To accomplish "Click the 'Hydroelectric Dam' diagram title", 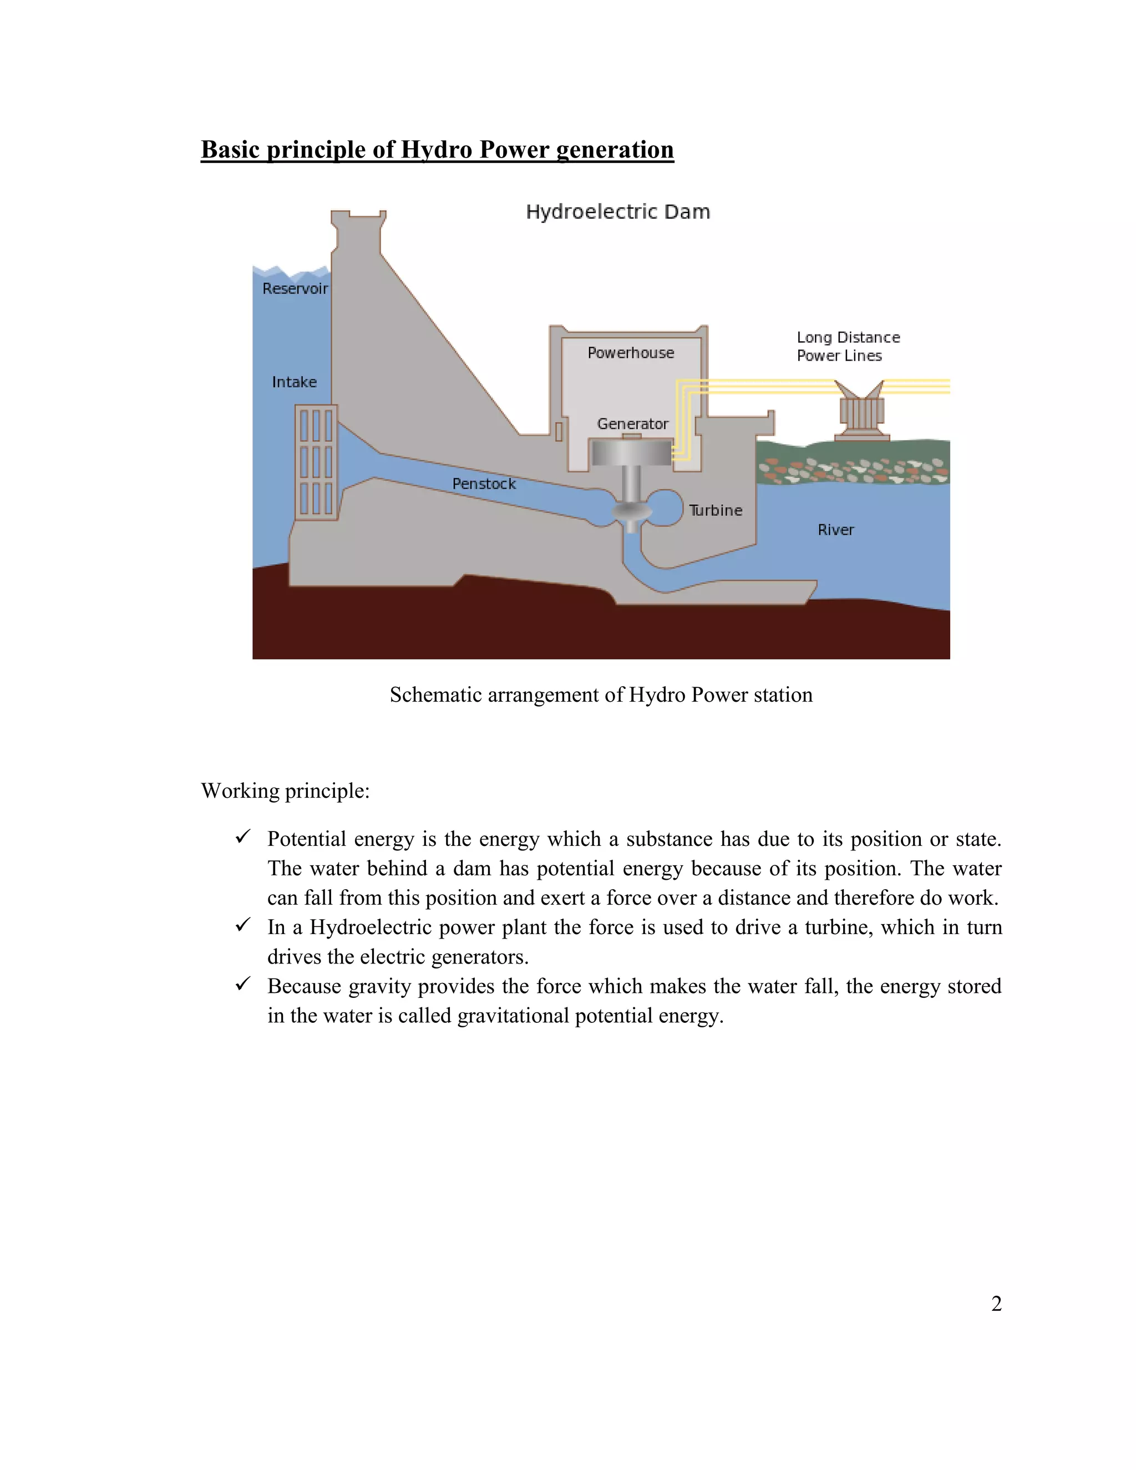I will [618, 212].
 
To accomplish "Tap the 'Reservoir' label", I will [295, 289].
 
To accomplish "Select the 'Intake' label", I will [294, 382].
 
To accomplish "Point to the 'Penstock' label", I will [484, 484].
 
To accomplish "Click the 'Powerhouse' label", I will [631, 353].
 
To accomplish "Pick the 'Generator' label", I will [632, 424].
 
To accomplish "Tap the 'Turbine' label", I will [716, 510].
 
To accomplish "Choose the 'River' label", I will [836, 530].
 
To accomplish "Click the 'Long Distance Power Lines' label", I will [848, 347].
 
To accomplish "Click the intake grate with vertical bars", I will [316, 463].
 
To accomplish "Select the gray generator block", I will [631, 452].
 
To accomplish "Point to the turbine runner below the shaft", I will [632, 514].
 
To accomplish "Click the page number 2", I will [997, 1304].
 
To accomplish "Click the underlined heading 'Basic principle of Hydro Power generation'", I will [438, 149].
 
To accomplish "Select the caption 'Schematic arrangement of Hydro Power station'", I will [601, 695].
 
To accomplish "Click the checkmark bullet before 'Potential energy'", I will [243, 837].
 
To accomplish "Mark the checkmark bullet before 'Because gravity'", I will [243, 984].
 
